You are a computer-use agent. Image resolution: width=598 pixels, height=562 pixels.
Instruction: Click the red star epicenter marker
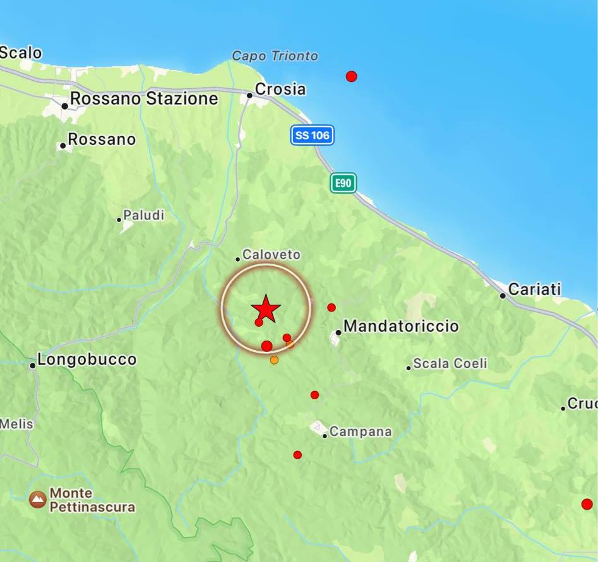pos(266,309)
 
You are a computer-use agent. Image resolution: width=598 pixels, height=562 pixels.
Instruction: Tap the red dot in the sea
pos(352,76)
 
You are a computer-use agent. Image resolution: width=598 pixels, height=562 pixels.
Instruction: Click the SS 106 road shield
pos(312,135)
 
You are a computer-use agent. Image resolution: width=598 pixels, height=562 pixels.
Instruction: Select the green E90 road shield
pos(343,183)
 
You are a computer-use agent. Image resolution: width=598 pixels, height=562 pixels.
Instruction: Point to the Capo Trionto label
pos(275,56)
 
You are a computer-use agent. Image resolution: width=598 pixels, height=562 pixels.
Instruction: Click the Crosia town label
pos(280,90)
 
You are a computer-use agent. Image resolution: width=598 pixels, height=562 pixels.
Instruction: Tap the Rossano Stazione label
pos(144,99)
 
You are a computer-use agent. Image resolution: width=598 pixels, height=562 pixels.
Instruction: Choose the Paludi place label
pos(143,216)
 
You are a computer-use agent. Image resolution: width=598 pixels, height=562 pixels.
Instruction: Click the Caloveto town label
pos(272,255)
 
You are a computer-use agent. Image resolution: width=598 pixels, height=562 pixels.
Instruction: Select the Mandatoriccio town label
pos(401,327)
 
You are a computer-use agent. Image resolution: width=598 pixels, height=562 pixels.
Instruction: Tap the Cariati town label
pos(534,290)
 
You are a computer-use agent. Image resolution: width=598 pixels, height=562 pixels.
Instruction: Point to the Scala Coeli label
pos(450,364)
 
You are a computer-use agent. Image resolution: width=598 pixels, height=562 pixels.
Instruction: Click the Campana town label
pos(361,432)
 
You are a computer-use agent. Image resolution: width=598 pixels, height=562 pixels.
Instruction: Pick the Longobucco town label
pos(87,360)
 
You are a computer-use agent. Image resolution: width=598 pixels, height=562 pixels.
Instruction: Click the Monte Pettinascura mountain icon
pos(38,500)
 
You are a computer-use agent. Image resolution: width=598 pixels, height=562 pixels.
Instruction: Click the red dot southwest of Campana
pos(297,455)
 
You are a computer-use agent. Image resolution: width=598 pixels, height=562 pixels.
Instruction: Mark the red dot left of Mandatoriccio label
pos(332,308)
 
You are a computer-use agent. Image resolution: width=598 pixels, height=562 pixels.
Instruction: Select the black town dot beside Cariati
pos(503,295)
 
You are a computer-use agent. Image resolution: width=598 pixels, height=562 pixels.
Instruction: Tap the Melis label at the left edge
pos(16,424)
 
